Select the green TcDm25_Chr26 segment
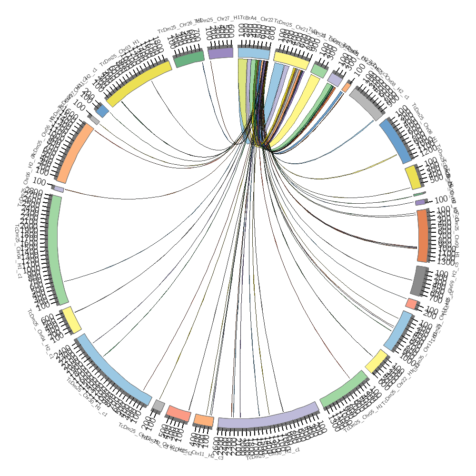click(189, 59)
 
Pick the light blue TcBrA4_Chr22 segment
click(254, 53)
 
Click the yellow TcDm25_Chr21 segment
click(290, 59)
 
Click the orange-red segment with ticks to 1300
click(423, 236)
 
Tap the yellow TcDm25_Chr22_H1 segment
click(377, 361)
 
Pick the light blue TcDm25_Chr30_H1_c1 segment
click(113, 369)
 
